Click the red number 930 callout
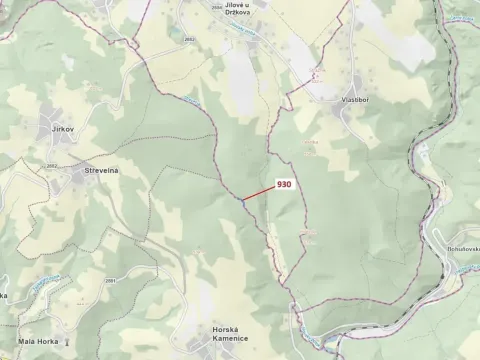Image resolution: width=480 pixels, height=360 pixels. click(x=284, y=185)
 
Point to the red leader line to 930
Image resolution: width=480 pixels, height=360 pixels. click(x=258, y=193)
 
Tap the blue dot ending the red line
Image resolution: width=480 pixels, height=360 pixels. click(x=241, y=200)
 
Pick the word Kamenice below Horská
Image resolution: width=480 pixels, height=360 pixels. click(x=229, y=340)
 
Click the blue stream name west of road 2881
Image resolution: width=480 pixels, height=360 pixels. click(x=40, y=283)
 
